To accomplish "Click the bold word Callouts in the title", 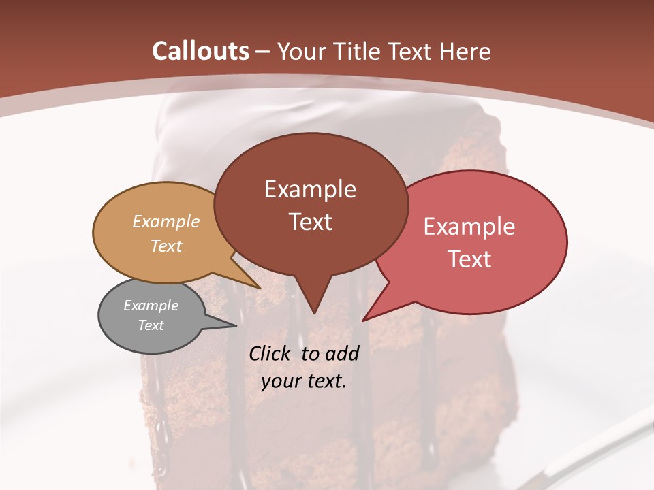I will click(x=200, y=51).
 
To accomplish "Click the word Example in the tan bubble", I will click(x=166, y=221).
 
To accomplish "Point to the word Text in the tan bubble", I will click(x=166, y=246).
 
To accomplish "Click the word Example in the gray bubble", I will click(x=151, y=306).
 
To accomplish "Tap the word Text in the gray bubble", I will click(x=151, y=325).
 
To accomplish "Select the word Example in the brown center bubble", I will click(x=310, y=189).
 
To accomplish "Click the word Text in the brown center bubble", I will click(x=310, y=222).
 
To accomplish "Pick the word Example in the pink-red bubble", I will click(x=469, y=227).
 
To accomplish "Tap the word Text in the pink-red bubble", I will click(x=469, y=259).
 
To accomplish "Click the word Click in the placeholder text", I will click(x=270, y=354).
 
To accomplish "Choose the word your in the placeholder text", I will click(x=280, y=381).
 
